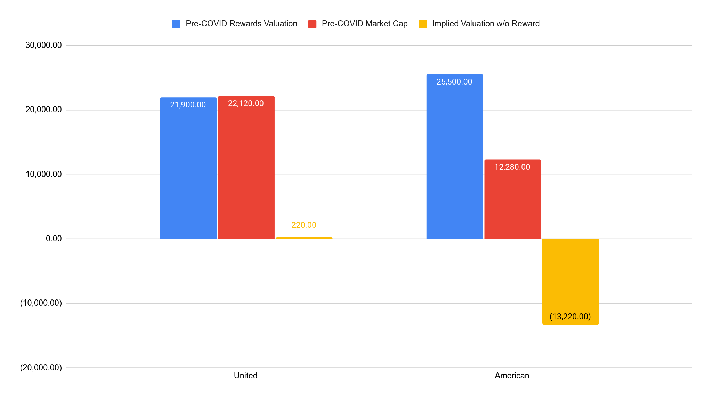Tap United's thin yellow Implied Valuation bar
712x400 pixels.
(304, 238)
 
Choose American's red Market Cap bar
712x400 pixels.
(512, 202)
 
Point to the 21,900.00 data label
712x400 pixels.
(188, 105)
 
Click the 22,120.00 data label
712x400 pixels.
(246, 103)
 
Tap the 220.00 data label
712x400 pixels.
(304, 225)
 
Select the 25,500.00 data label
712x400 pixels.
(454, 82)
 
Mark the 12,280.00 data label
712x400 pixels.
(512, 167)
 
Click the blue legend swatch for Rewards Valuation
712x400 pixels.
(176, 24)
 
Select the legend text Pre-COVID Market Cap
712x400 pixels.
(365, 24)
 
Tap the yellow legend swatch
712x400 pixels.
(423, 24)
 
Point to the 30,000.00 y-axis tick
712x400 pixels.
(44, 45)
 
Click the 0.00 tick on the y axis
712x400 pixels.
(54, 239)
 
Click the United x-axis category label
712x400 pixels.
(245, 376)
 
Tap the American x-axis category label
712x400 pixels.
(512, 376)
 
